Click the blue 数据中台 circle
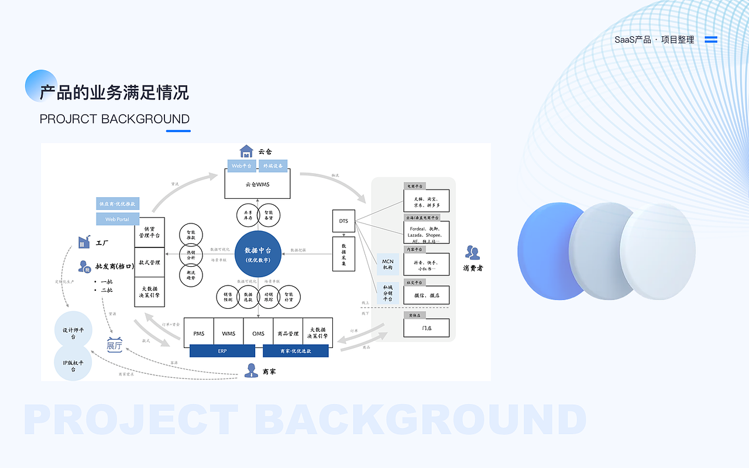point(257,254)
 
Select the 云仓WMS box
point(258,184)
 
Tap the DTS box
point(343,221)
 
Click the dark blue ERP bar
point(222,351)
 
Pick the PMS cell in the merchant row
point(199,333)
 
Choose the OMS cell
point(258,333)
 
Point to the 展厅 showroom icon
point(115,345)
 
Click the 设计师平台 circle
point(74,333)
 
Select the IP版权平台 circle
point(74,366)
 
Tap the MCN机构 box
point(387,264)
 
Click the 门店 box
point(427,328)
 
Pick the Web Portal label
point(118,219)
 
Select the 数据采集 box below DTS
point(343,254)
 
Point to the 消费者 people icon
point(472,253)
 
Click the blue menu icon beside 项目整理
point(711,40)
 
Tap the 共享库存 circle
point(248,215)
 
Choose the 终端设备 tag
point(273,166)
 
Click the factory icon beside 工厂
point(84,242)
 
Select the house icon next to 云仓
point(246,151)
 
